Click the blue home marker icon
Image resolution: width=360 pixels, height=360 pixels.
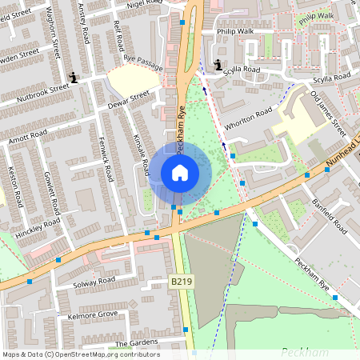(x=180, y=173)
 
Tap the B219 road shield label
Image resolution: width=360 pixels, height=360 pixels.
(x=182, y=282)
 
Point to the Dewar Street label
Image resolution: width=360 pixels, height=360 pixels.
(x=128, y=100)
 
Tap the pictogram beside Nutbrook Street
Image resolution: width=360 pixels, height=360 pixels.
(x=74, y=78)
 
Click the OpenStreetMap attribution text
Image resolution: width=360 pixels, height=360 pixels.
(x=81, y=354)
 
